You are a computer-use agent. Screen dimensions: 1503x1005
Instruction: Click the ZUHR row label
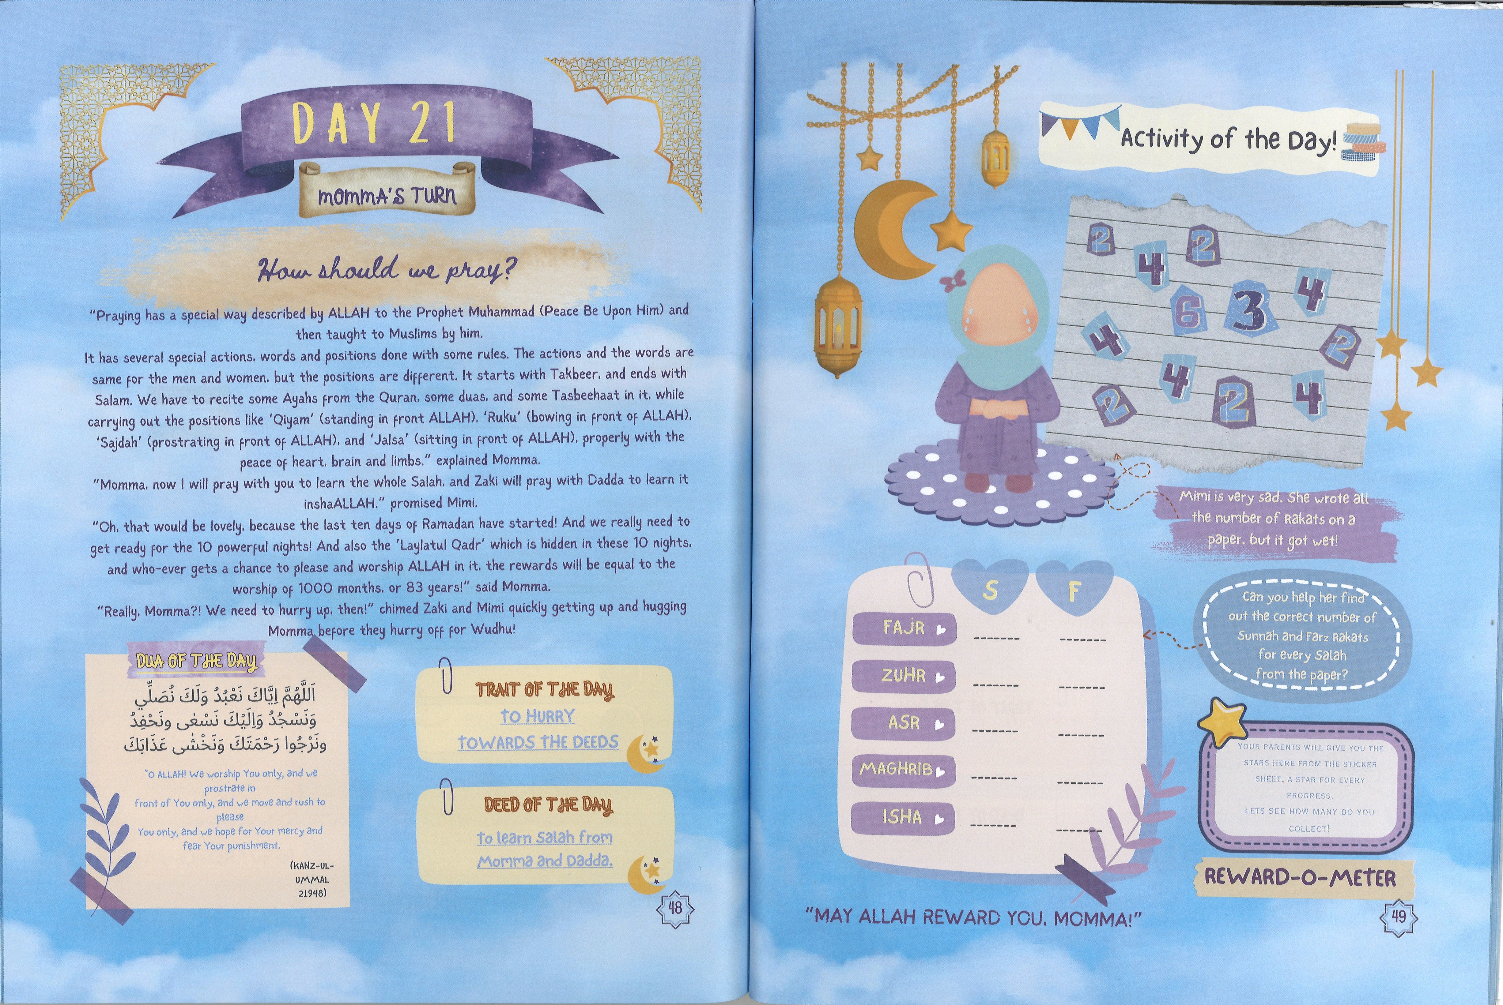click(x=904, y=676)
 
